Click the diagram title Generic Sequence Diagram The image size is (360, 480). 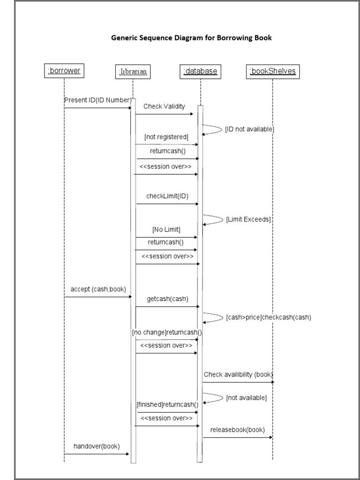191,38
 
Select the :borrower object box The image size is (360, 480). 64,71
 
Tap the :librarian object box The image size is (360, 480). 133,71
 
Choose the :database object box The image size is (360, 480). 200,71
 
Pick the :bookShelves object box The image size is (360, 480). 272,71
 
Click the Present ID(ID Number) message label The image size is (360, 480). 97,100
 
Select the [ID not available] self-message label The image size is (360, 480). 249,129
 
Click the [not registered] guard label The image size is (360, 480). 166,137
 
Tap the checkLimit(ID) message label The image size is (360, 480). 166,196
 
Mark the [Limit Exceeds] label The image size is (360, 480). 248,219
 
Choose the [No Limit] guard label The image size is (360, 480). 166,229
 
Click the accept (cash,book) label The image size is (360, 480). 98,289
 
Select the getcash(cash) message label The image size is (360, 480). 167,299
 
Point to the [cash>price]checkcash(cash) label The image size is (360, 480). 268,317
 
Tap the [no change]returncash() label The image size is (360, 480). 167,332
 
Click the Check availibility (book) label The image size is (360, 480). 238,374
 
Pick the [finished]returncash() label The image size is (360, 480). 167,404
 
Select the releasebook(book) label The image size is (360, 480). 237,429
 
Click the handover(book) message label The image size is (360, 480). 97,446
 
